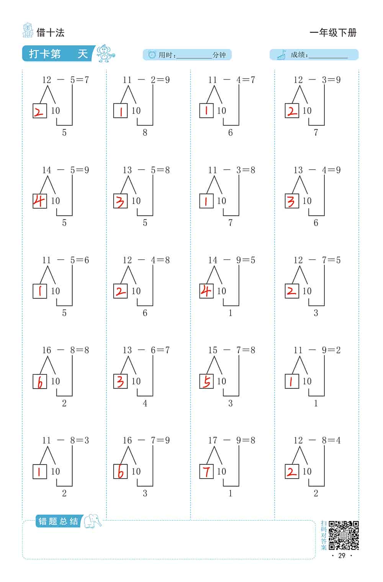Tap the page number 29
342,556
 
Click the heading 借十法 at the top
51,33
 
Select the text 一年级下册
333,33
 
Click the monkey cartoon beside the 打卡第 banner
105,54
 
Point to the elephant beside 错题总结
92,521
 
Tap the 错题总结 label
58,521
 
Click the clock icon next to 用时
152,54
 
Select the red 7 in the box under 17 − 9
206,472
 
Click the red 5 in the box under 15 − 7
206,381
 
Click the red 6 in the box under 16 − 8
40,382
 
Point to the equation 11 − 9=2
317,350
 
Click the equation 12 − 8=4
317,440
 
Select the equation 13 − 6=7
146,350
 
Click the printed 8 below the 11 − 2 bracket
145,132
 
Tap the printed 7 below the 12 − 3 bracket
316,132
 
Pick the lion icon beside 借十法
27,30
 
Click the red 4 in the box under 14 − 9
206,291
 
